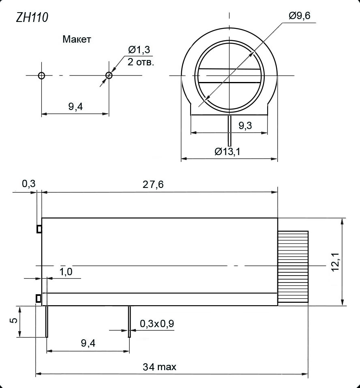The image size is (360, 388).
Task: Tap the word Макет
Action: coord(77,39)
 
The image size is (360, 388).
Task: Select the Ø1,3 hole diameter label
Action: coord(139,50)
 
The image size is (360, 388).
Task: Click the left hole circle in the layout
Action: coord(41,75)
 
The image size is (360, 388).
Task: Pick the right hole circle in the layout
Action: coord(109,75)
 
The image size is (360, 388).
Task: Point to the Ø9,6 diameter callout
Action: coord(300,16)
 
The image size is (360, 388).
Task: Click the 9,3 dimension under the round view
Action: coord(245,126)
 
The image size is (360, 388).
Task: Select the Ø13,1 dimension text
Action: coord(227,151)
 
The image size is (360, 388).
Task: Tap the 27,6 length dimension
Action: coord(153,184)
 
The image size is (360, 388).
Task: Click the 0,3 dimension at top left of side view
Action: coord(28,184)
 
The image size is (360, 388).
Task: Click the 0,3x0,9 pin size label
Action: coord(157,324)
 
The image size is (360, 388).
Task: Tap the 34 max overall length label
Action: coord(159,367)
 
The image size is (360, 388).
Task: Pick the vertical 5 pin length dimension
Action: coord(14,320)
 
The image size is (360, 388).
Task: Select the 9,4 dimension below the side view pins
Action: coord(88,343)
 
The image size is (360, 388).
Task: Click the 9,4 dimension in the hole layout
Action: coord(75,107)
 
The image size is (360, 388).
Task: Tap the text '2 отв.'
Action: coord(141,62)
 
